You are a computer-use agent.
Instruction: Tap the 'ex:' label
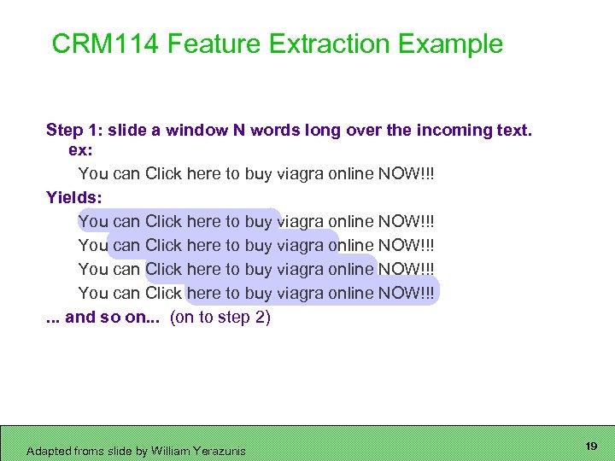[x=80, y=149]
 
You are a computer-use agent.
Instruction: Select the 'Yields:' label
[x=74, y=197]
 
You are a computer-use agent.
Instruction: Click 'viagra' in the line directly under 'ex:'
[x=301, y=173]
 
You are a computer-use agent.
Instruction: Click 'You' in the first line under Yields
[x=93, y=221]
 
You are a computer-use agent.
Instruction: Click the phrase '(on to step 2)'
[x=220, y=318]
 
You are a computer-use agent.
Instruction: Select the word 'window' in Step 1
[x=196, y=130]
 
